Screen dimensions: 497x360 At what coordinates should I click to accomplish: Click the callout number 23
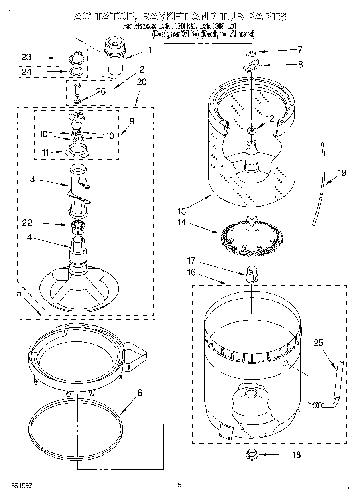pos(26,57)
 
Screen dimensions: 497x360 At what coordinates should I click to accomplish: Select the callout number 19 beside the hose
pos(341,173)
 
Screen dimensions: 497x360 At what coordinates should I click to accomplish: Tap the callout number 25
pos(318,343)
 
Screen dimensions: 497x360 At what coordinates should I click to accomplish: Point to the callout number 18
pos(297,455)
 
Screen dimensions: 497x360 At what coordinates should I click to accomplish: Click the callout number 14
pos(182,222)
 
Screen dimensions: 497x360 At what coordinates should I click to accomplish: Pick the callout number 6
pos(140,393)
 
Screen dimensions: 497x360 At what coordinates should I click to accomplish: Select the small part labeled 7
pos(251,53)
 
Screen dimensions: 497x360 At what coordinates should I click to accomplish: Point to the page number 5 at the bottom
pos(180,485)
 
